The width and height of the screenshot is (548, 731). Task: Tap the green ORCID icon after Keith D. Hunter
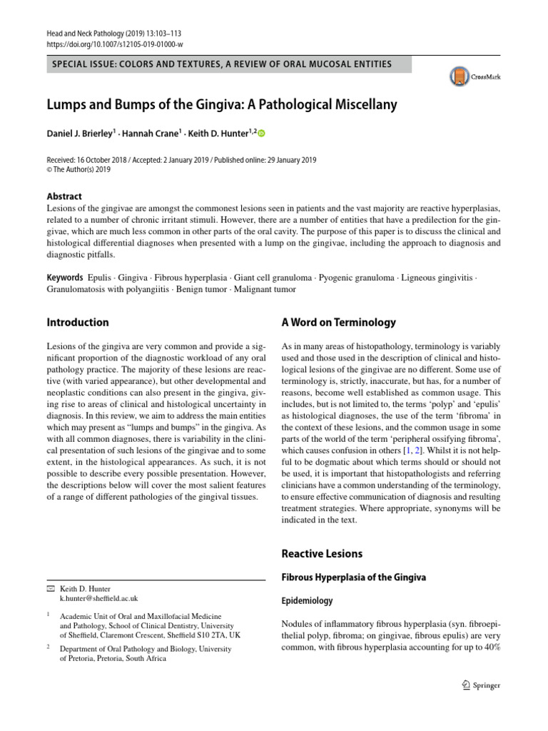(260, 133)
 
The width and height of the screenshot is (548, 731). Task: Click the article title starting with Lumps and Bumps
(221, 104)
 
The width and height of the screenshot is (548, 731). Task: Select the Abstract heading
(64, 196)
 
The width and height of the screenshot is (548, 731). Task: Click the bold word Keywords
(65, 276)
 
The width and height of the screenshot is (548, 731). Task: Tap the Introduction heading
(78, 322)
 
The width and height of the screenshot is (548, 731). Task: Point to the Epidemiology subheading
(308, 601)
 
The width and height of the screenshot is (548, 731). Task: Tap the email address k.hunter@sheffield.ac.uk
(99, 598)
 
